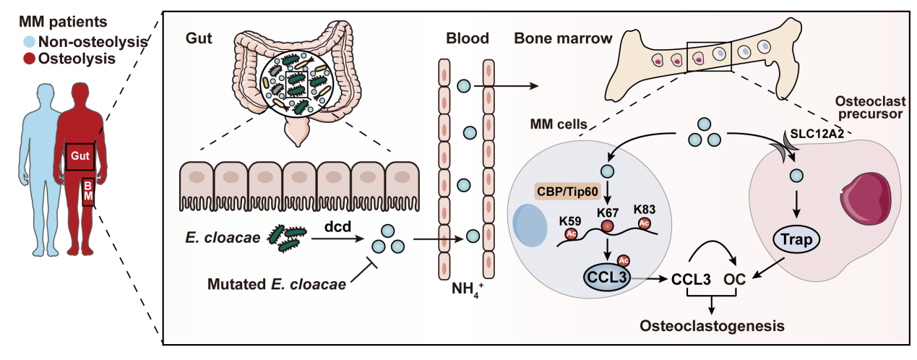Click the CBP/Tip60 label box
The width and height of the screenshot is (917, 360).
point(569,194)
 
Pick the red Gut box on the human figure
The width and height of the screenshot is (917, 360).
point(79,157)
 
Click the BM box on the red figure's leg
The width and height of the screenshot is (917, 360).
point(87,192)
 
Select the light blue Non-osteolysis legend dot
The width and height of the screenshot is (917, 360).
point(30,43)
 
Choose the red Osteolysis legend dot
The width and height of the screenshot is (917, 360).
point(30,59)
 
